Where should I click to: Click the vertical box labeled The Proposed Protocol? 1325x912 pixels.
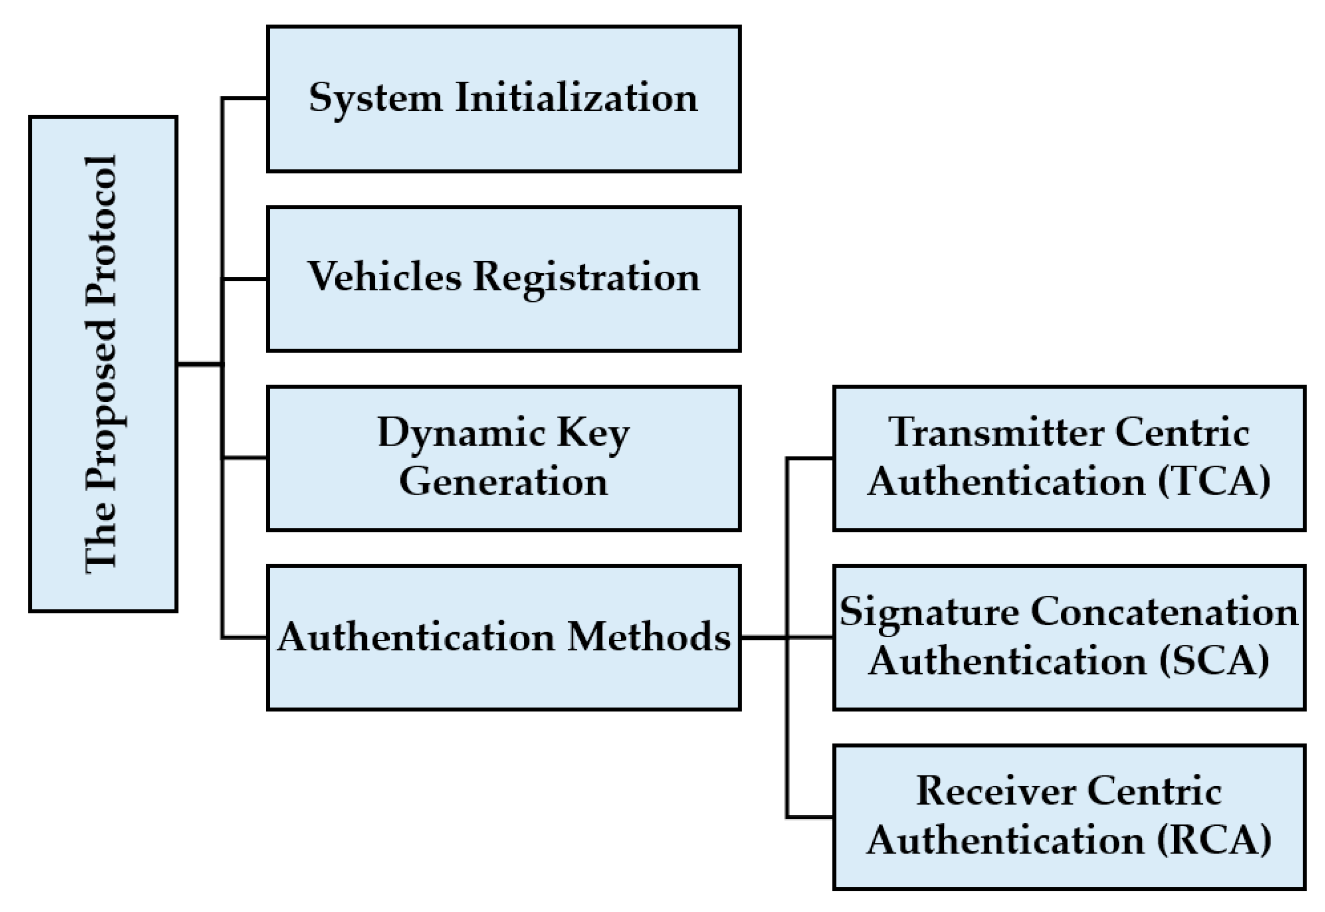[x=103, y=364]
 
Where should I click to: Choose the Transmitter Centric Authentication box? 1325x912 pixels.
[x=1069, y=458]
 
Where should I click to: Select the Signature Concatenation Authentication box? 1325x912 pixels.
[x=1069, y=638]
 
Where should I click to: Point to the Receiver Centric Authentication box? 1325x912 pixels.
[x=1069, y=817]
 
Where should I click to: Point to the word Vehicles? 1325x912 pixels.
[x=385, y=277]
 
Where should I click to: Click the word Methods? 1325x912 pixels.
[x=648, y=637]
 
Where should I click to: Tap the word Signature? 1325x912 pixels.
[x=930, y=613]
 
